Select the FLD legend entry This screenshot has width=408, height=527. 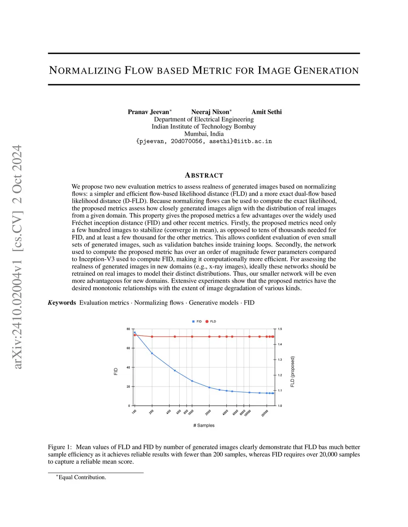[x=211, y=321]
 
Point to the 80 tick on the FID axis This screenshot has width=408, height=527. [x=128, y=329]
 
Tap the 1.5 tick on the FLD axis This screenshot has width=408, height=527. [x=280, y=329]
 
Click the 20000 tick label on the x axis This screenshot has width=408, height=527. [x=265, y=413]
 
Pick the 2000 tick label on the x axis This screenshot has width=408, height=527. [x=208, y=412]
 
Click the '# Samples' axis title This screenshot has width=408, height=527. [x=204, y=425]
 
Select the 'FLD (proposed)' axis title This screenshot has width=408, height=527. [x=292, y=371]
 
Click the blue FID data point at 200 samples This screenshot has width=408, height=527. [x=152, y=353]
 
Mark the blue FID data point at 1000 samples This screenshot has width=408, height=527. [x=192, y=381]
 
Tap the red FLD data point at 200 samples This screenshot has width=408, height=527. [x=152, y=336]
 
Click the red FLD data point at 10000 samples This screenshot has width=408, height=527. [x=249, y=336]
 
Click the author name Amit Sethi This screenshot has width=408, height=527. [x=266, y=112]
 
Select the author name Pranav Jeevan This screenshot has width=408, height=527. [x=148, y=112]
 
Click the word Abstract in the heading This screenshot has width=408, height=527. [x=204, y=175]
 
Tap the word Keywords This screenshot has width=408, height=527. [x=62, y=303]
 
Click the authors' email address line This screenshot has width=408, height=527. [x=204, y=141]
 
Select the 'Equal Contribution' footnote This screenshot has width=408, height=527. [x=82, y=477]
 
